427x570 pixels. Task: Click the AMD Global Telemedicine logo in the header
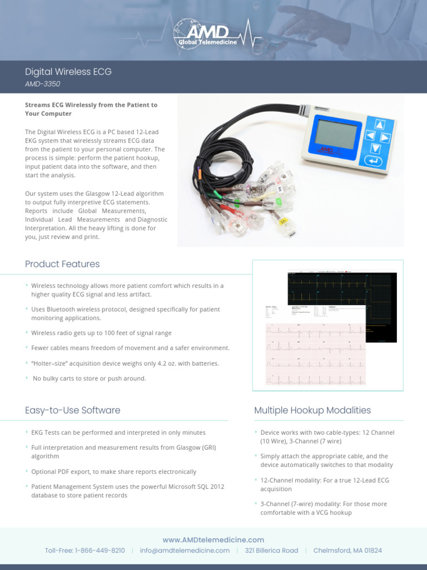[x=213, y=33]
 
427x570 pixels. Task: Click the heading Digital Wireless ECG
[x=68, y=72]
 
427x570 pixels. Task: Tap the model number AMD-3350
[x=42, y=84]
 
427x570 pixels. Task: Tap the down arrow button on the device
[x=375, y=148]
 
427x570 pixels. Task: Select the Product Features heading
[x=62, y=264]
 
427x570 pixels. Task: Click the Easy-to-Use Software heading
[x=72, y=410]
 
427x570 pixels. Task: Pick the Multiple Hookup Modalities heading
[x=312, y=410]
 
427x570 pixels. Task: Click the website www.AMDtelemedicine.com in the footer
[x=213, y=540]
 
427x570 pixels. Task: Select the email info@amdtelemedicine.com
[x=185, y=551]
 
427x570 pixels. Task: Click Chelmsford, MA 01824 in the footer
[x=347, y=551]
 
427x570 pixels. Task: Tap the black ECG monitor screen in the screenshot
[x=356, y=295]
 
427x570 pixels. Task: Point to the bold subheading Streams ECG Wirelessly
[x=91, y=109]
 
